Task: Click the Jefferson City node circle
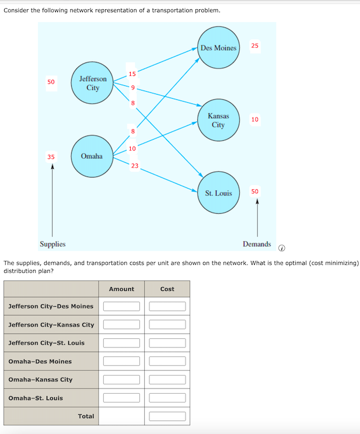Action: tap(92, 83)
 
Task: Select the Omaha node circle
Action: tap(92, 156)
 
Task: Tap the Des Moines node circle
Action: tap(218, 47)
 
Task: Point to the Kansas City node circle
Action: tap(218, 120)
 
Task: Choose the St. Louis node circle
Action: tap(218, 193)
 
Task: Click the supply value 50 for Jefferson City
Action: tap(51, 82)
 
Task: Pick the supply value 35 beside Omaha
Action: tap(51, 157)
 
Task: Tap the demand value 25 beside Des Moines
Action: tap(255, 46)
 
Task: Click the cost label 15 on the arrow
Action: tap(132, 74)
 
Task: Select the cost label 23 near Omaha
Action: tap(135, 166)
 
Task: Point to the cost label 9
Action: tap(133, 88)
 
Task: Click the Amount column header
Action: tap(121, 289)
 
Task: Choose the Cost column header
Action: tap(167, 289)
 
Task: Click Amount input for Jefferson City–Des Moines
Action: tap(121, 306)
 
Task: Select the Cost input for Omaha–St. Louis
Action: tap(167, 398)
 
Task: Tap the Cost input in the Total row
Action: tap(167, 416)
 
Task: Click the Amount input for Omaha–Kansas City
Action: tap(121, 380)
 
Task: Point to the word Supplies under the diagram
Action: tap(53, 244)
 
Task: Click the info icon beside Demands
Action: tap(282, 248)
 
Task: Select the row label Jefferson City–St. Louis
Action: tap(47, 343)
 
